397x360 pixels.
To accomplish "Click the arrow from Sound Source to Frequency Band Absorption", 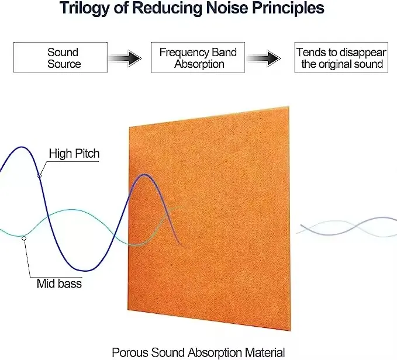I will [126, 58].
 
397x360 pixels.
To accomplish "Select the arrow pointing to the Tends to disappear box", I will [266, 58].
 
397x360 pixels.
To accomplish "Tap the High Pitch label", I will [74, 154].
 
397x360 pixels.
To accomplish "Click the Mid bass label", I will [59, 284].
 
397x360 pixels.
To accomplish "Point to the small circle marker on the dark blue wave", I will [39, 175].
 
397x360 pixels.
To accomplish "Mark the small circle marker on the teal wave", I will [23, 238].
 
